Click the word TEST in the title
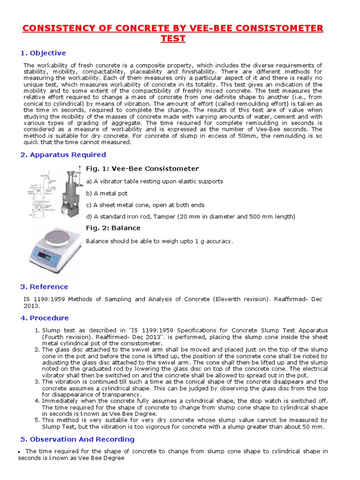click(173, 38)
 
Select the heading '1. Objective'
click(43, 53)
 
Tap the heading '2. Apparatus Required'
click(63, 155)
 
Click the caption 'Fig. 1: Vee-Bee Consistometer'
click(142, 169)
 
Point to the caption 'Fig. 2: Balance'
click(113, 228)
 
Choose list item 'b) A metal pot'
click(106, 193)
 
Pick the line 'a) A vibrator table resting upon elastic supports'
click(154, 181)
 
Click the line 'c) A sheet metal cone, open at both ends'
click(145, 205)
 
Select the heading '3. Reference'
click(44, 287)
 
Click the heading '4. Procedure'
click(44, 318)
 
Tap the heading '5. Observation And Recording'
click(77, 439)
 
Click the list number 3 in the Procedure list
click(37, 382)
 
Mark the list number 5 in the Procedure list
click(37, 420)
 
